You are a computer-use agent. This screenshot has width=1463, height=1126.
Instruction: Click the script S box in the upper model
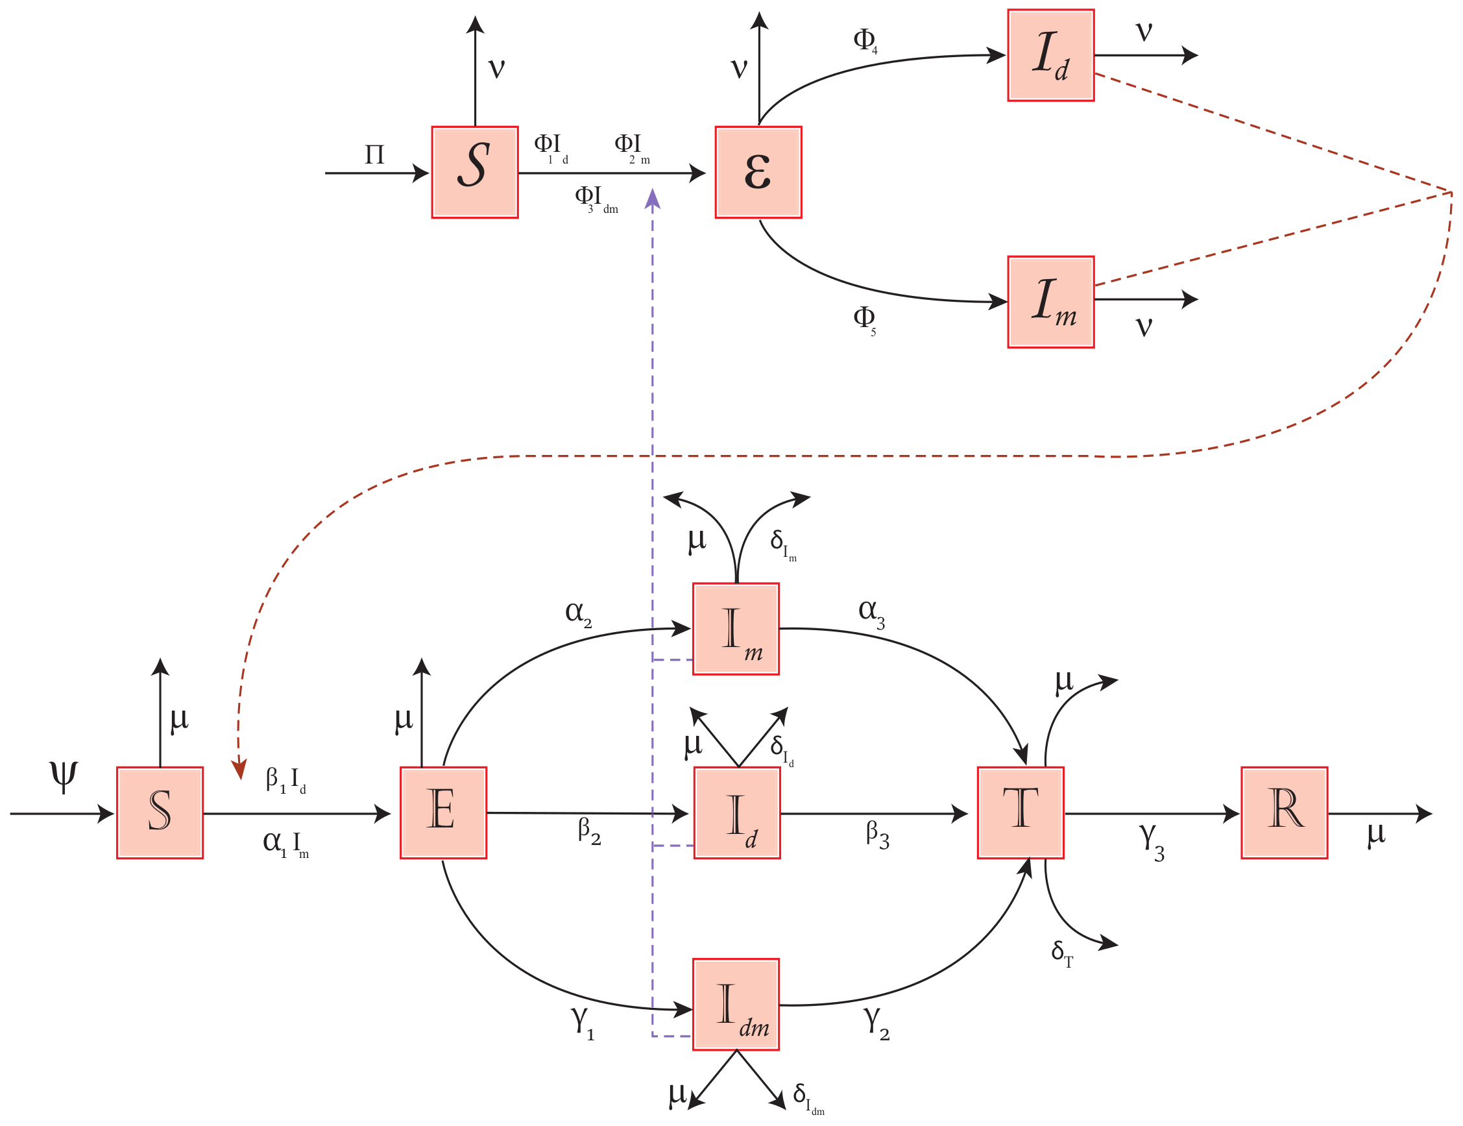pos(475,172)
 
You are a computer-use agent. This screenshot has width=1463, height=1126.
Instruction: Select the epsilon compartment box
pos(758,172)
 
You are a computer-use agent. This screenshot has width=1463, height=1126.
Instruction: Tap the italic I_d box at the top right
pos(1050,56)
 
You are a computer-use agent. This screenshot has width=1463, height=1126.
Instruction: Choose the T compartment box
pos(1021,813)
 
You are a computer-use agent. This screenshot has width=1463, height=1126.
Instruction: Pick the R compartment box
pos(1284,813)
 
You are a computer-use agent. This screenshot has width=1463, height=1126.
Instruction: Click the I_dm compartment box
pos(736,1004)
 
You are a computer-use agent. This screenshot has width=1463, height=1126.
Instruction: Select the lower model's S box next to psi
pos(160,813)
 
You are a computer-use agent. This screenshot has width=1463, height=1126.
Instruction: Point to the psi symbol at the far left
pos(64,776)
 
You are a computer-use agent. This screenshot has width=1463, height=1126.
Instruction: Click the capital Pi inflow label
pos(374,156)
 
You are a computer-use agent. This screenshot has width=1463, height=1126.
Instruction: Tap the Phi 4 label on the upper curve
pos(865,40)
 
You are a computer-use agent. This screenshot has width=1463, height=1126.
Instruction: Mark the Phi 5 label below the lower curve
pos(865,319)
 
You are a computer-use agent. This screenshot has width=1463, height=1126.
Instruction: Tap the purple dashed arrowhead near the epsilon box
pos(653,199)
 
